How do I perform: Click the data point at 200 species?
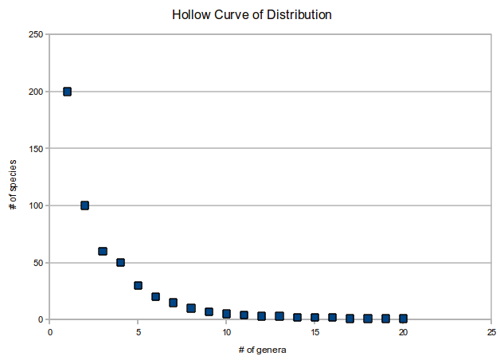click(x=68, y=92)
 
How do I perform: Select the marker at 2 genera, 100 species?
click(x=85, y=205)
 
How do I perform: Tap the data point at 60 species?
click(x=103, y=251)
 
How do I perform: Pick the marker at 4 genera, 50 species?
click(x=120, y=262)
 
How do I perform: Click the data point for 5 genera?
click(x=138, y=285)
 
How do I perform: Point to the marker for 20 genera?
click(x=403, y=319)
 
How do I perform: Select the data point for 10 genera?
click(x=226, y=314)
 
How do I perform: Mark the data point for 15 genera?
click(x=314, y=318)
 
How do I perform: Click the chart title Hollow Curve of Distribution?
click(x=252, y=15)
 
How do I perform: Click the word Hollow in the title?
click(x=189, y=15)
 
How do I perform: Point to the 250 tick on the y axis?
click(x=35, y=34)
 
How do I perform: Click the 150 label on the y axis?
click(x=35, y=148)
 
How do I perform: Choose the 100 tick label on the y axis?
click(x=35, y=205)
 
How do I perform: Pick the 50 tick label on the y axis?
click(x=37, y=263)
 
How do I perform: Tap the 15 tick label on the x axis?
click(x=314, y=331)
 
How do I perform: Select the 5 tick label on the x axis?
click(x=138, y=331)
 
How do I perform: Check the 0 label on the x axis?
click(x=49, y=331)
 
